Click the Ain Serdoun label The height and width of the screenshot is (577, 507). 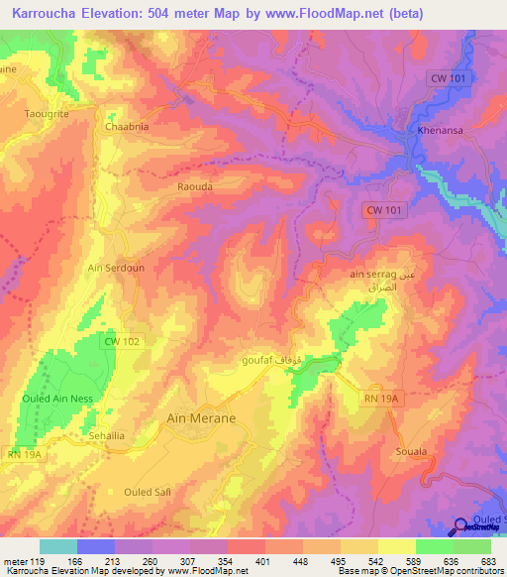tap(117, 268)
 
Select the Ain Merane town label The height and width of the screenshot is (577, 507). tap(201, 418)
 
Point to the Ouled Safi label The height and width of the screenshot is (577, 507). tap(147, 492)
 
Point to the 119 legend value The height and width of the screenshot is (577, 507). tap(32, 562)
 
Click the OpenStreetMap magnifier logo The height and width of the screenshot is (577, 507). tap(461, 526)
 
